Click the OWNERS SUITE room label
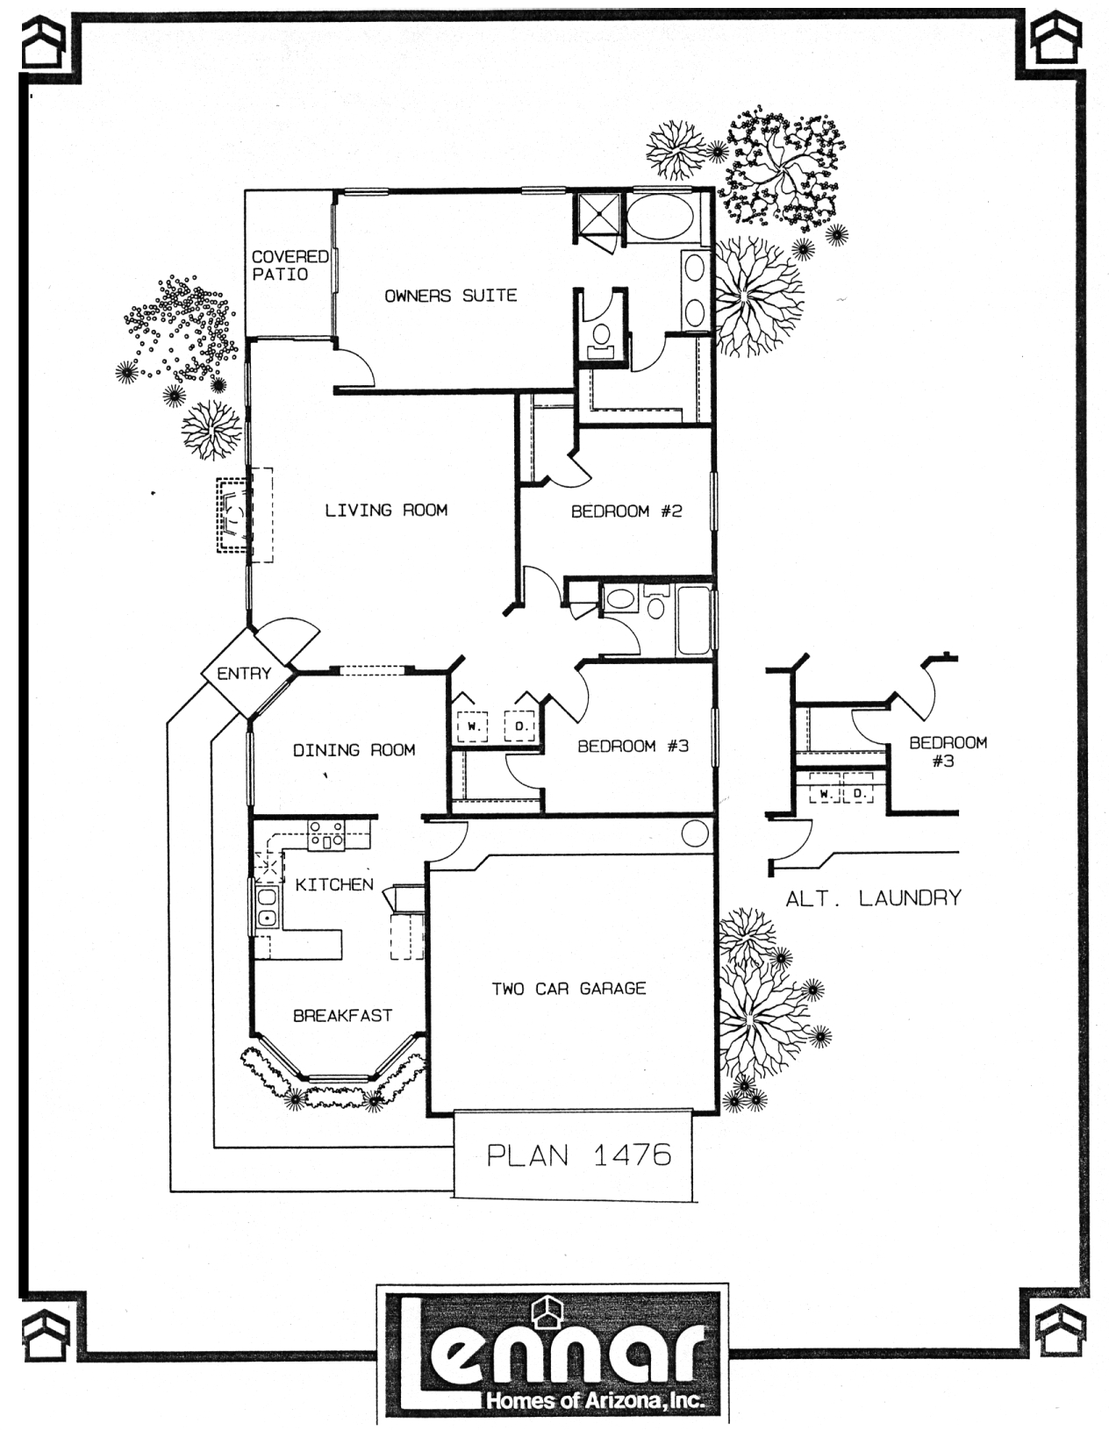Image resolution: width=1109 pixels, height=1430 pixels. (450, 296)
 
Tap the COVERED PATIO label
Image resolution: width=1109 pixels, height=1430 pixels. (290, 265)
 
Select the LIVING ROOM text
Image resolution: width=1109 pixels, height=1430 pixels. (386, 510)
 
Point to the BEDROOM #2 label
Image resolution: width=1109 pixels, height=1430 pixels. (626, 511)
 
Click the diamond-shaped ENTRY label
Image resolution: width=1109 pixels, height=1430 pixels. (244, 673)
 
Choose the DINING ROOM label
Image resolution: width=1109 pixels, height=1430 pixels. (354, 750)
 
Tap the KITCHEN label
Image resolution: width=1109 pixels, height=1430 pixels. (334, 885)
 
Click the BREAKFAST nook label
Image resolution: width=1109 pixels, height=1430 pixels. (343, 1015)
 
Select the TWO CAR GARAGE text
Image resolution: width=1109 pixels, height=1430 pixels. (569, 989)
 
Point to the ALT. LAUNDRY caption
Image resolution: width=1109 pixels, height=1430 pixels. (873, 898)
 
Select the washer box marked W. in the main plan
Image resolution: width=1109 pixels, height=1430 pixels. (473, 726)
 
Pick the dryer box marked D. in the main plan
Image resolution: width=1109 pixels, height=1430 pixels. (520, 726)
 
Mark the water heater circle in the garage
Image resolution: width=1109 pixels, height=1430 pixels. (695, 833)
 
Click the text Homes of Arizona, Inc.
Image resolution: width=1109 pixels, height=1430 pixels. (595, 1399)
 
